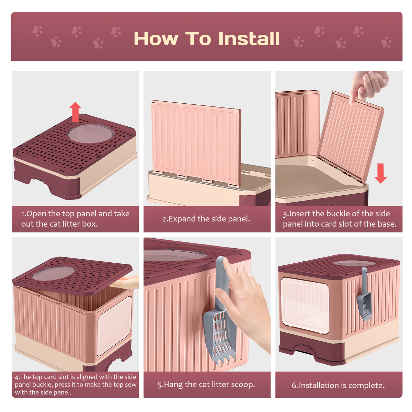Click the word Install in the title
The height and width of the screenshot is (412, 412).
[249, 38]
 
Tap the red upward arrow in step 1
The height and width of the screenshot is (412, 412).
[75, 112]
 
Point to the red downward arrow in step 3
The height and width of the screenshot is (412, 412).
[380, 173]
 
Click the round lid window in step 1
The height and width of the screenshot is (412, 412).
[91, 134]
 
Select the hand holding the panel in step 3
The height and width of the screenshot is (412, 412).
[369, 87]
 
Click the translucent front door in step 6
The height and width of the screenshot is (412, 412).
[305, 305]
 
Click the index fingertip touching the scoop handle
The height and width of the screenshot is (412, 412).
[225, 261]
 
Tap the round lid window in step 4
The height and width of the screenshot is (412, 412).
[54, 273]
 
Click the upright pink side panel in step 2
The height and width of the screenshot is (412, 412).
[196, 143]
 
